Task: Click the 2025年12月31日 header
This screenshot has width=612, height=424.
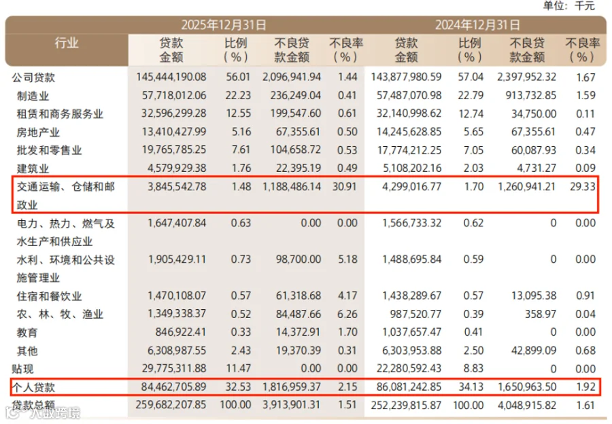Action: tap(224, 25)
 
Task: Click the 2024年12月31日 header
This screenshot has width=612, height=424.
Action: tap(477, 25)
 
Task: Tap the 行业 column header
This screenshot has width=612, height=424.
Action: tap(67, 43)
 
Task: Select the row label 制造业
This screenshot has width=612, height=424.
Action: tap(33, 96)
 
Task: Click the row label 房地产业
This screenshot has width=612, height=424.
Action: tap(38, 132)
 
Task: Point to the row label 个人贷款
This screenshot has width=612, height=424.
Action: tap(33, 387)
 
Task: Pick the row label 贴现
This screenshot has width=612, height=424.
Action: tap(22, 368)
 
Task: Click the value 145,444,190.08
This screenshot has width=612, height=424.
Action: tap(171, 77)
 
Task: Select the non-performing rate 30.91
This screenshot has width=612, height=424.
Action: tap(344, 186)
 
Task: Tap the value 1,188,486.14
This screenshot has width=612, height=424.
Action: tap(292, 186)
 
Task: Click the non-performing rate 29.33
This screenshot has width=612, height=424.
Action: tap(583, 186)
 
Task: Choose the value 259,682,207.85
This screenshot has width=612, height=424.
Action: tap(171, 405)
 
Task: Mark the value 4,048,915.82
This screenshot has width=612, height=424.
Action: tap(527, 405)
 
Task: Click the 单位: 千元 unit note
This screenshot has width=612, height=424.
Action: tap(569, 6)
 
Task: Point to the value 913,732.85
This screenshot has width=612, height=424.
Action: tap(531, 96)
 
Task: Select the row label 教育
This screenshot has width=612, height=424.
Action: tap(27, 333)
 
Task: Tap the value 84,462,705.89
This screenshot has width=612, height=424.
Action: tap(173, 387)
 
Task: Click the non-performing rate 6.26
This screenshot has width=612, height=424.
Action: tap(347, 314)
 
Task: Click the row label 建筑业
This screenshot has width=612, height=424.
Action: tap(33, 169)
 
